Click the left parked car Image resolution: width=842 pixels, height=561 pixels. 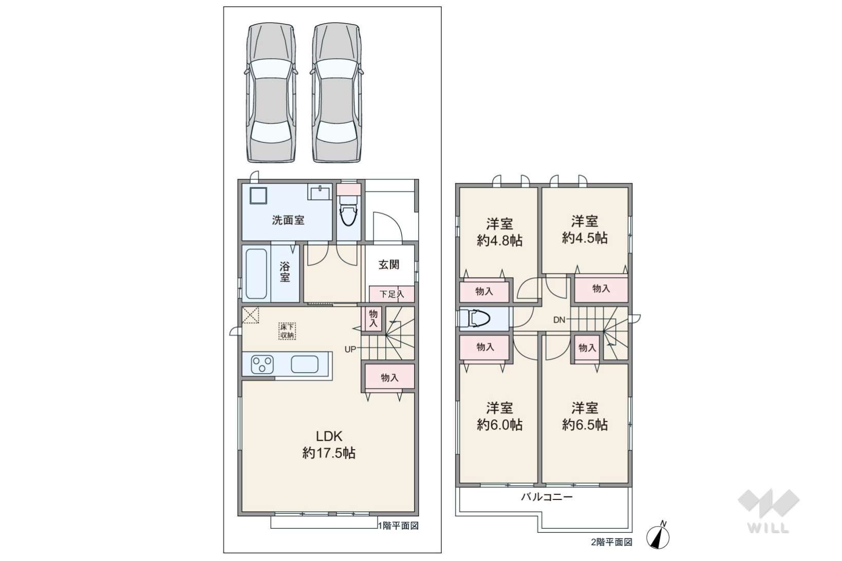(x=271, y=92)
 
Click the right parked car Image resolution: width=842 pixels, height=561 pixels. (x=336, y=92)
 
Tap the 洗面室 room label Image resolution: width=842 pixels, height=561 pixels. (x=288, y=220)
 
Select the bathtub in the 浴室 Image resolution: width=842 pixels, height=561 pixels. (x=256, y=274)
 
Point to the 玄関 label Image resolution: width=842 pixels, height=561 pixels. (x=389, y=265)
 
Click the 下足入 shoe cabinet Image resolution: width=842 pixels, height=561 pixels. (x=391, y=294)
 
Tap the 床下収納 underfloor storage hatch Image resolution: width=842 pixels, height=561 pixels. (x=287, y=331)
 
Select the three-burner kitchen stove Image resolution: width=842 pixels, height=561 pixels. (x=263, y=364)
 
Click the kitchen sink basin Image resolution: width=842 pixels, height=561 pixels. (x=305, y=364)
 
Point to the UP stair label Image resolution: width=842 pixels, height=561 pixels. (x=350, y=349)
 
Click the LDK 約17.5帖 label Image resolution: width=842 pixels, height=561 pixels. (x=329, y=444)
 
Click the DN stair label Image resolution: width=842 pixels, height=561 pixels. (x=559, y=320)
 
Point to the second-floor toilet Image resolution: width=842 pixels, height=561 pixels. (x=476, y=319)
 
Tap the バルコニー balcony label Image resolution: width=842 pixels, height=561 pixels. (x=547, y=497)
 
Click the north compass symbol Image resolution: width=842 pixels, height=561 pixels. (x=658, y=536)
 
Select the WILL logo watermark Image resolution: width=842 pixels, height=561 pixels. (x=769, y=511)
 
